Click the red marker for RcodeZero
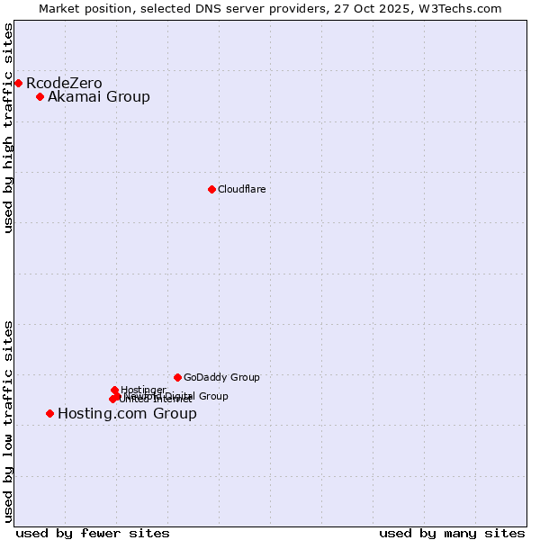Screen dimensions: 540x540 click(18, 83)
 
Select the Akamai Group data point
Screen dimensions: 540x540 click(40, 96)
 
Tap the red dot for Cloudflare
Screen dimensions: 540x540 click(211, 189)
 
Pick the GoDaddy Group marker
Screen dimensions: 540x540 click(177, 377)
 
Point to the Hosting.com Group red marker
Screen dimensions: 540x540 click(49, 413)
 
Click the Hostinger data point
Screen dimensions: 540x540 click(114, 390)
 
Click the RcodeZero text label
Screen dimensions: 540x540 click(64, 84)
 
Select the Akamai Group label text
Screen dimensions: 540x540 click(99, 97)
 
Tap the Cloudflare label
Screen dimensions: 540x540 click(241, 189)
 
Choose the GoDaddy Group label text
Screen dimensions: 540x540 click(221, 378)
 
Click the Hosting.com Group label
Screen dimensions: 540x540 click(127, 414)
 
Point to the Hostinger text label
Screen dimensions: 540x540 click(143, 390)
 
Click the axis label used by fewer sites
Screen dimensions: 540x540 click(93, 533)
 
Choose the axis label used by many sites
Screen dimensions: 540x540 click(451, 533)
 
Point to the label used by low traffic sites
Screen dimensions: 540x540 click(8, 421)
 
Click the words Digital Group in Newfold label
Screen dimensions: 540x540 click(195, 396)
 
